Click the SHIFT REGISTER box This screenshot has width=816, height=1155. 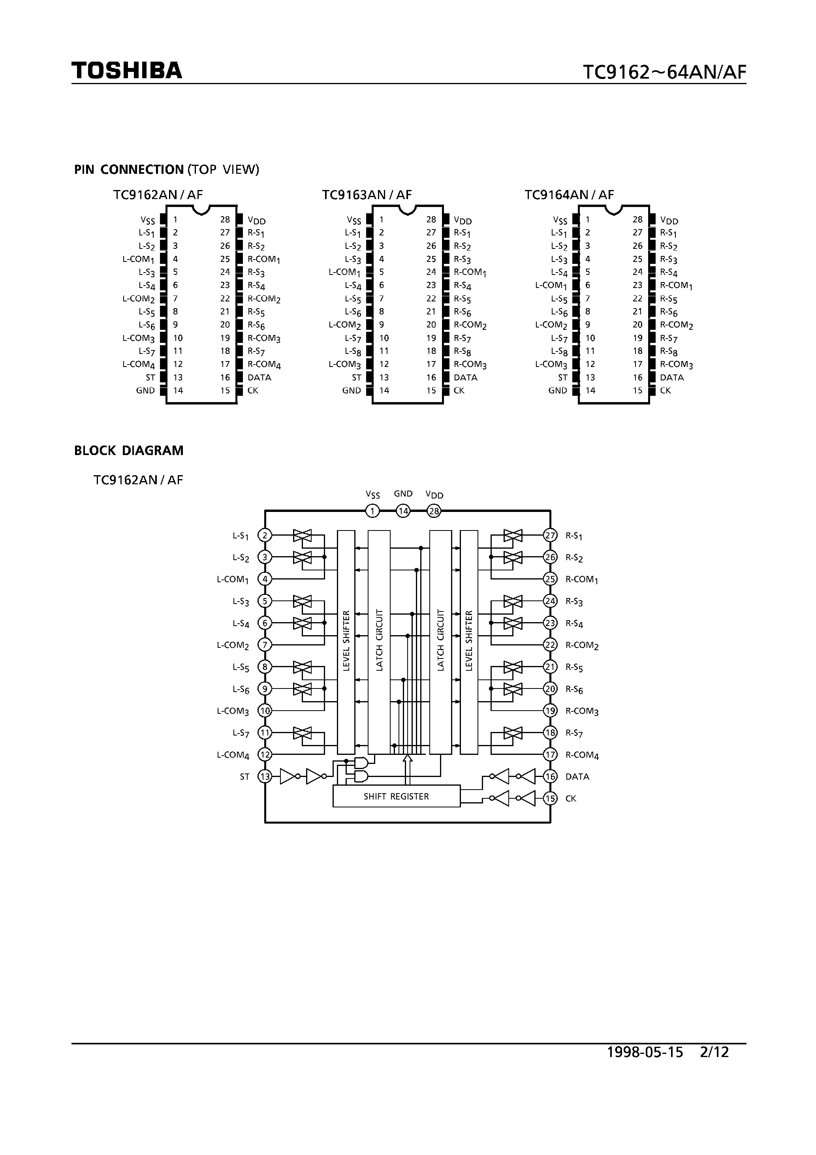[x=397, y=796]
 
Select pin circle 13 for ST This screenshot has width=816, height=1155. [x=265, y=777]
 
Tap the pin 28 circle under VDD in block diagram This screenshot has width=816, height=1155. [x=434, y=512]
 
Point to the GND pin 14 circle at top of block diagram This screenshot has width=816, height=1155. [x=403, y=512]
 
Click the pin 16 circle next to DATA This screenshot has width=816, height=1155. [x=550, y=777]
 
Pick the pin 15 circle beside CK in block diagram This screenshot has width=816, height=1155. [x=550, y=798]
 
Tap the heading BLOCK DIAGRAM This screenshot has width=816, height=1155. [x=129, y=451]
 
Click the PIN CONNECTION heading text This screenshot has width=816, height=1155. [x=129, y=169]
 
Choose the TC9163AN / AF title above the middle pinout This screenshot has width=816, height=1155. [x=367, y=195]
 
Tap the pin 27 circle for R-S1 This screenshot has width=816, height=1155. [x=550, y=535]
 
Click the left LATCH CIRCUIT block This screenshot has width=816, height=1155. [x=379, y=642]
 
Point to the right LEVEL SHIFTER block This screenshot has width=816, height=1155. [x=469, y=642]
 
